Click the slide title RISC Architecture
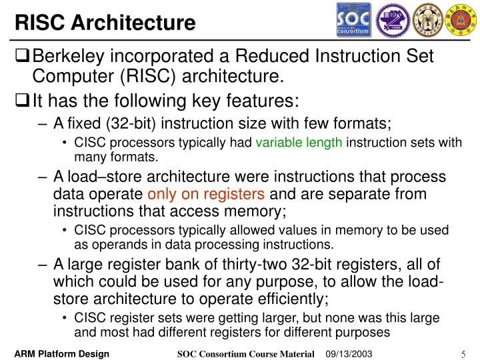[x=106, y=23]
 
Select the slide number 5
[x=462, y=354]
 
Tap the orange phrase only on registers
[x=206, y=195]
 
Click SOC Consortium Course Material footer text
[x=247, y=353]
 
